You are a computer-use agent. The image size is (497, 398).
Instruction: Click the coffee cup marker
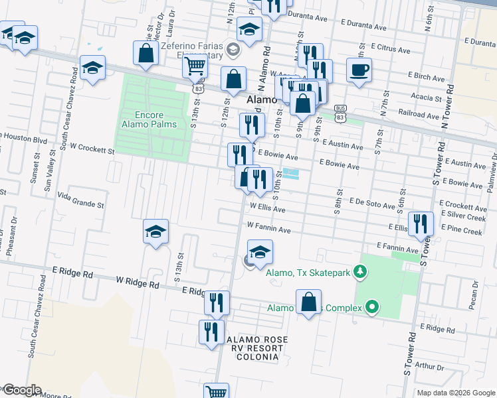click(x=359, y=70)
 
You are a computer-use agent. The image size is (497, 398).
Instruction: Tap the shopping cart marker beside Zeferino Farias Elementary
click(x=195, y=66)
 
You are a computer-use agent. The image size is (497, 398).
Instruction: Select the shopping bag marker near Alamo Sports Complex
click(x=308, y=302)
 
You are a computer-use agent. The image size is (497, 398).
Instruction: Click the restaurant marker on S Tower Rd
click(x=421, y=224)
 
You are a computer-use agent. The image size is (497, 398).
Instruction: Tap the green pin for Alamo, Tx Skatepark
click(x=359, y=271)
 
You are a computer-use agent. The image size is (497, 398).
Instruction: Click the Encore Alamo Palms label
click(x=149, y=119)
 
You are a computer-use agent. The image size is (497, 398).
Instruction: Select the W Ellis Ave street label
click(x=267, y=209)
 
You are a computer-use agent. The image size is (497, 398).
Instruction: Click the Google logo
click(x=21, y=390)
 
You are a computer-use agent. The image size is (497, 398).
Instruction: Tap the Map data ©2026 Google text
click(x=455, y=393)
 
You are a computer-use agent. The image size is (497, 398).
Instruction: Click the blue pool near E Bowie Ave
click(x=290, y=174)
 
